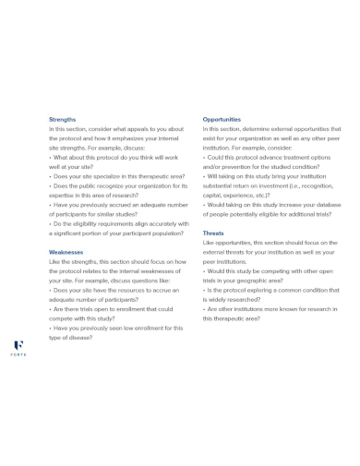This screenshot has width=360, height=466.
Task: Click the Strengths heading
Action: (x=63, y=119)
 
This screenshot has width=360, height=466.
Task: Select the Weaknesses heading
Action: (x=66, y=251)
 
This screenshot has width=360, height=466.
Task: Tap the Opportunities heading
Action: (x=222, y=119)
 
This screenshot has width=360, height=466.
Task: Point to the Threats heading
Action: (x=213, y=233)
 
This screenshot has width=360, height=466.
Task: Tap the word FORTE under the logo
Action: (x=18, y=354)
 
